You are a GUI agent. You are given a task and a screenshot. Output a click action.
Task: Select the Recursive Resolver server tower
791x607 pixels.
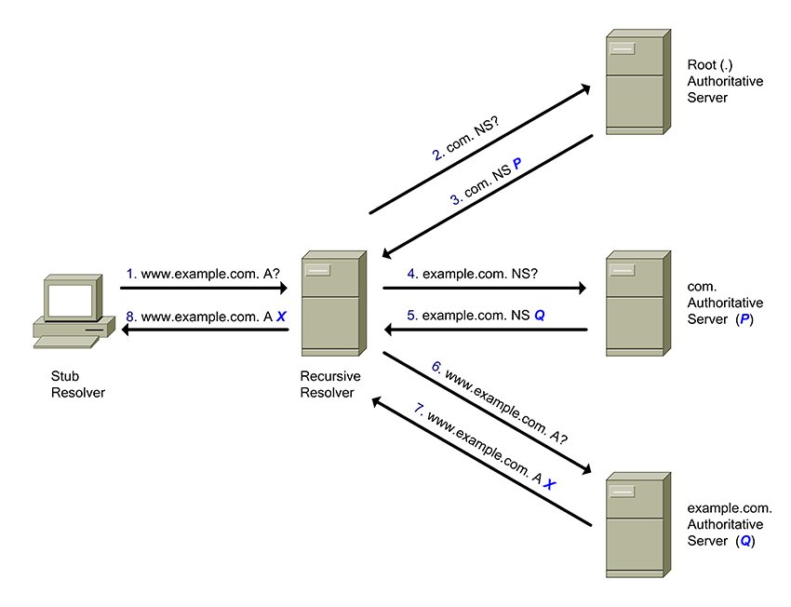point(330,303)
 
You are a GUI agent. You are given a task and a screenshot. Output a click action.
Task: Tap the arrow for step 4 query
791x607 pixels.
point(484,289)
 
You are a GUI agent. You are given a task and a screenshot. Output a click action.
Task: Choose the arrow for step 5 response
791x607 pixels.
point(484,330)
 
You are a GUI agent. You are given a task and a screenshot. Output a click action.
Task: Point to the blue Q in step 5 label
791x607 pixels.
point(540,316)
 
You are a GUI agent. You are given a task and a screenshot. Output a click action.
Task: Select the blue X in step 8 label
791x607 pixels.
point(281,317)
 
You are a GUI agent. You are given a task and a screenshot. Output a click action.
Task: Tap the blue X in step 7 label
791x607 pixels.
point(550,485)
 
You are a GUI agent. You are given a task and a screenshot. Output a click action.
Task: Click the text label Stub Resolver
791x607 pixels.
point(78,384)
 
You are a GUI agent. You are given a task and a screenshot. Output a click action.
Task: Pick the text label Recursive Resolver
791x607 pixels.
point(329,384)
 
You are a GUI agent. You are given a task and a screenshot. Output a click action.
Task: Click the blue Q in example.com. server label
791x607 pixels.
point(744,540)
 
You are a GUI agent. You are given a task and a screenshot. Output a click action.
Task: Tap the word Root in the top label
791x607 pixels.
point(702,65)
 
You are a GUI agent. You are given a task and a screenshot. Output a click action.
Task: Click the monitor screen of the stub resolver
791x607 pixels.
point(71,299)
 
